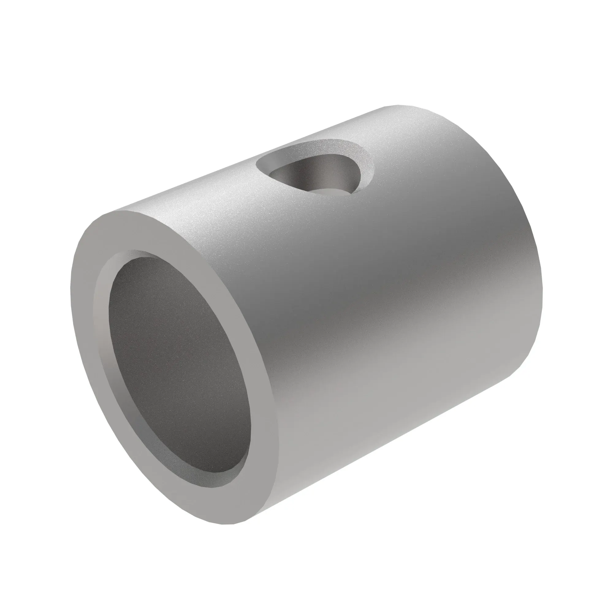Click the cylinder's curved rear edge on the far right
point(539,270)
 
